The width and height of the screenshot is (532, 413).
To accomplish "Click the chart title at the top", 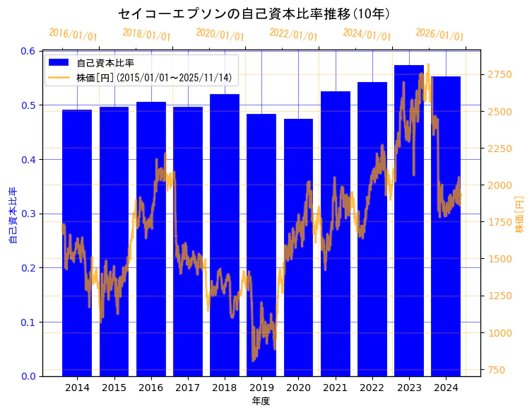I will pos(254,13).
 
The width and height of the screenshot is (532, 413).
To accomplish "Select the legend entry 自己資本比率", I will pos(106,62).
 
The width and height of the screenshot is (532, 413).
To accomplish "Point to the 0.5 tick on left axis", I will pos(29,105).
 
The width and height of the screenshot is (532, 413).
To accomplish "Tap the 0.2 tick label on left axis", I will pos(29,268).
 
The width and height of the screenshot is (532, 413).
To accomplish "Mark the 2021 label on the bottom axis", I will pos(335,388).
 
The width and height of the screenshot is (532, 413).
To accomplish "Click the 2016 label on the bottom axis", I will pos(151,388).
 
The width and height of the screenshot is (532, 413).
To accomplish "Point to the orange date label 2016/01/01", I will pos(73,34).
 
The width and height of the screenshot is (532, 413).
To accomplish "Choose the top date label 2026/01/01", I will pos(439,34).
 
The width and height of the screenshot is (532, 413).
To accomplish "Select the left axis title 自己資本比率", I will pos(13,215).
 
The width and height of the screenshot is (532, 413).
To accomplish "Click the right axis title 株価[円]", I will pos(519,215).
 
